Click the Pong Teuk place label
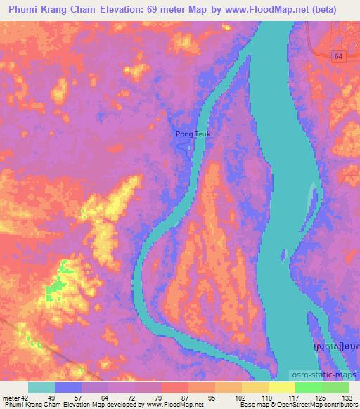coord(192,134)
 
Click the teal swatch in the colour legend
coord(41,387)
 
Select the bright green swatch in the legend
coord(308,387)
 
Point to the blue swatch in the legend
coord(68,387)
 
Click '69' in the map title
coord(157,9)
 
